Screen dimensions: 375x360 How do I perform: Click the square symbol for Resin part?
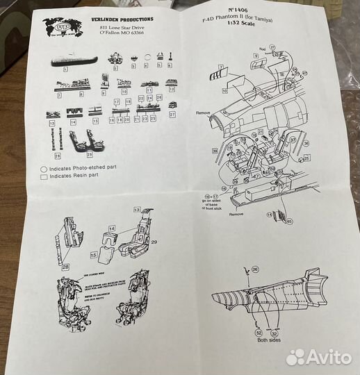click(x=44, y=176)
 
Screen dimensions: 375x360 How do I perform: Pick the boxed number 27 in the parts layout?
click(x=172, y=112)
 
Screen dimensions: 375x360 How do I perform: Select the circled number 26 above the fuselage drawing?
click(x=254, y=269)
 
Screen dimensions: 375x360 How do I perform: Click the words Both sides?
click(x=266, y=340)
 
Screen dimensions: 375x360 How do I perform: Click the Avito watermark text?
click(x=329, y=356)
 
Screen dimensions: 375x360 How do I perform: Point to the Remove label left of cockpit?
click(x=202, y=112)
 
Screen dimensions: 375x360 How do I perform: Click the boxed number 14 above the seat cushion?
click(x=112, y=228)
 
